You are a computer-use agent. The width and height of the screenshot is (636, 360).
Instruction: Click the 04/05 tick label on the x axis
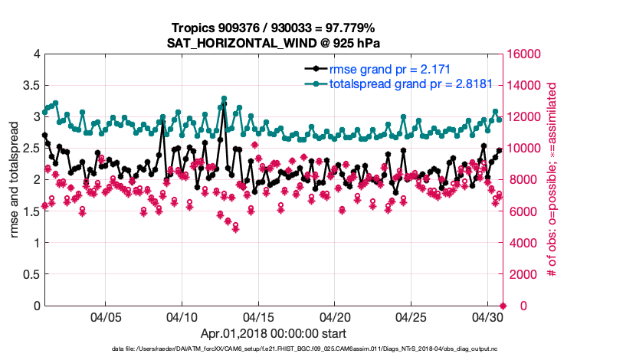click(107, 316)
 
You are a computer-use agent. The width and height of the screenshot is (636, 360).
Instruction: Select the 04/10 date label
click(182, 316)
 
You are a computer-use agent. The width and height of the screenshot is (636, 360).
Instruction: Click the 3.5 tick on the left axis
click(31, 85)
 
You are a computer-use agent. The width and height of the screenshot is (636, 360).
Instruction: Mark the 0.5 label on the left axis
click(31, 274)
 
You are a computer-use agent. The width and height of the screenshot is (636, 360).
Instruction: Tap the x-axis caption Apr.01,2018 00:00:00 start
click(273, 334)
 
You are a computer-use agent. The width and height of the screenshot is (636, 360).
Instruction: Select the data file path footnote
click(272, 349)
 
